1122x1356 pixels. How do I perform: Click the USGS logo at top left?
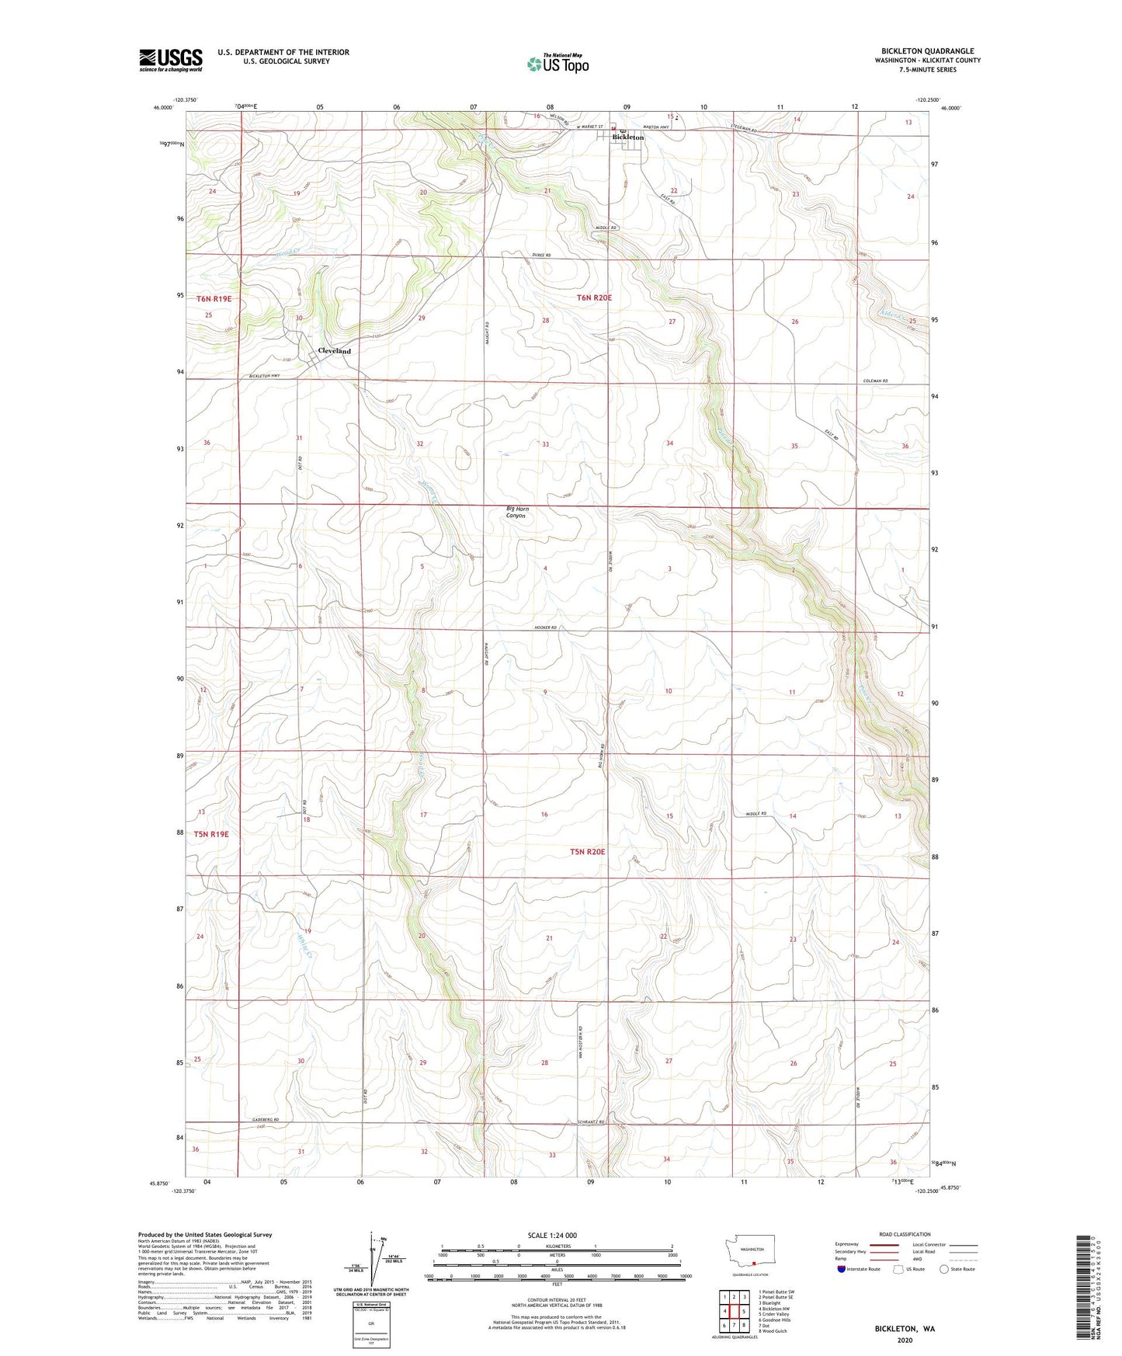click(x=170, y=60)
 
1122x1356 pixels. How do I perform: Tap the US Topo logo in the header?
click(x=557, y=64)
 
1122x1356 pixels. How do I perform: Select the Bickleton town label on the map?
click(x=627, y=137)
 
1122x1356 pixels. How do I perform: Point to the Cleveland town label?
click(x=334, y=351)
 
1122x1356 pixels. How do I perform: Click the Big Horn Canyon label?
click(x=516, y=512)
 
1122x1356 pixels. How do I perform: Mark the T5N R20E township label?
click(x=587, y=852)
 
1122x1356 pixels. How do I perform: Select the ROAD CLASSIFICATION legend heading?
click(x=905, y=1234)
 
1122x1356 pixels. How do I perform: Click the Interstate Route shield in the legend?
click(x=841, y=1269)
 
